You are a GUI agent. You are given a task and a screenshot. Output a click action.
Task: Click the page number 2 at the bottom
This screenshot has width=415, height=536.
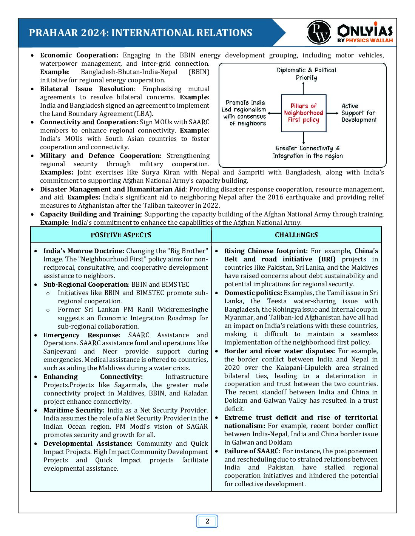(x=207, y=521)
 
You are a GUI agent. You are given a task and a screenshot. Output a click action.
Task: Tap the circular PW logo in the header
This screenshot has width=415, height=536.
(x=319, y=32)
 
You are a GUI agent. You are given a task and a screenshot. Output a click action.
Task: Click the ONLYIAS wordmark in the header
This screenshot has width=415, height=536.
(x=365, y=30)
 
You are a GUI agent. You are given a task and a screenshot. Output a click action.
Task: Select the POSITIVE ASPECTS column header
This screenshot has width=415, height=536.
(x=121, y=235)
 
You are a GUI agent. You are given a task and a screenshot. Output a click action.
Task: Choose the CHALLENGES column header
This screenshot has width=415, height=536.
(x=296, y=235)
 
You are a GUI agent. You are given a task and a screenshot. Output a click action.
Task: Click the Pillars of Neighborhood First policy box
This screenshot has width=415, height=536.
(x=304, y=113)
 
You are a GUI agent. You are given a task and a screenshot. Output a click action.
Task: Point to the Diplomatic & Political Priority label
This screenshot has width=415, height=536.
(x=306, y=74)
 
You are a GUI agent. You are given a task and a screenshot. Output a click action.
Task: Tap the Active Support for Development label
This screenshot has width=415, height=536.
(x=359, y=113)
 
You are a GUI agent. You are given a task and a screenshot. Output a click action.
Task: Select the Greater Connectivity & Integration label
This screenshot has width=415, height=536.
(x=308, y=152)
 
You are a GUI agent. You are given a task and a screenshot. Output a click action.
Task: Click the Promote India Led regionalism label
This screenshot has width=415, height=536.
(x=245, y=113)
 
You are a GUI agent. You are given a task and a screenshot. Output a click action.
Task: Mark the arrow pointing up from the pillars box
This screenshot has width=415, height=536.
(x=303, y=88)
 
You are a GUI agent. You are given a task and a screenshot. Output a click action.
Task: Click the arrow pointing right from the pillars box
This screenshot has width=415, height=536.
(x=333, y=113)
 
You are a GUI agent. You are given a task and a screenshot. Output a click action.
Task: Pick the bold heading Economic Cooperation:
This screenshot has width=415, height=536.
(x=79, y=55)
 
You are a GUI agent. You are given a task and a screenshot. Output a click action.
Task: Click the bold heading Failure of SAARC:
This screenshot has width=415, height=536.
(x=252, y=451)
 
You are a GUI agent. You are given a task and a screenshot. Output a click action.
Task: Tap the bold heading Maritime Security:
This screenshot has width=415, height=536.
(x=74, y=410)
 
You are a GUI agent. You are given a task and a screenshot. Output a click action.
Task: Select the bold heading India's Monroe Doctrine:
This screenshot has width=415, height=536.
(x=83, y=251)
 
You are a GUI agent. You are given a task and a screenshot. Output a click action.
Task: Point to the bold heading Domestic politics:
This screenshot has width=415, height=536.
(x=253, y=293)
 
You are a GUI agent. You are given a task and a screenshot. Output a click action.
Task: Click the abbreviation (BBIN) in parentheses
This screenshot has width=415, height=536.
(x=199, y=72)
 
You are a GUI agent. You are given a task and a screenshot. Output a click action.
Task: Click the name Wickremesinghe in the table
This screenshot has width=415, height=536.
(x=183, y=309)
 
